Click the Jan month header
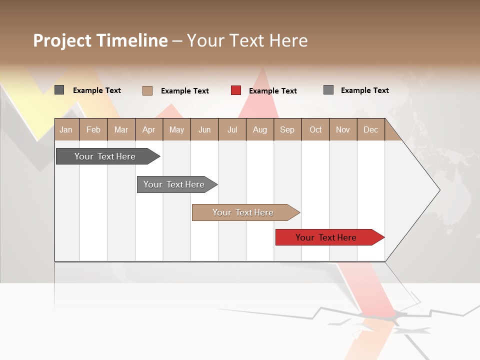(66, 130)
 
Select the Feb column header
(93, 130)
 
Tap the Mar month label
(121, 130)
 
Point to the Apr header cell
(149, 130)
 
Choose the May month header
(176, 130)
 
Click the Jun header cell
(204, 130)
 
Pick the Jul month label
(232, 130)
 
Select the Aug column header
(260, 130)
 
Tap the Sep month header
(287, 130)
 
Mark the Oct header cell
(315, 130)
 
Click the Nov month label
(343, 130)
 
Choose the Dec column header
(371, 130)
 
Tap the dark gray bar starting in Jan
(105, 156)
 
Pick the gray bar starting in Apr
(174, 184)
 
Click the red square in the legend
(236, 90)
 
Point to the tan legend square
(147, 90)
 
